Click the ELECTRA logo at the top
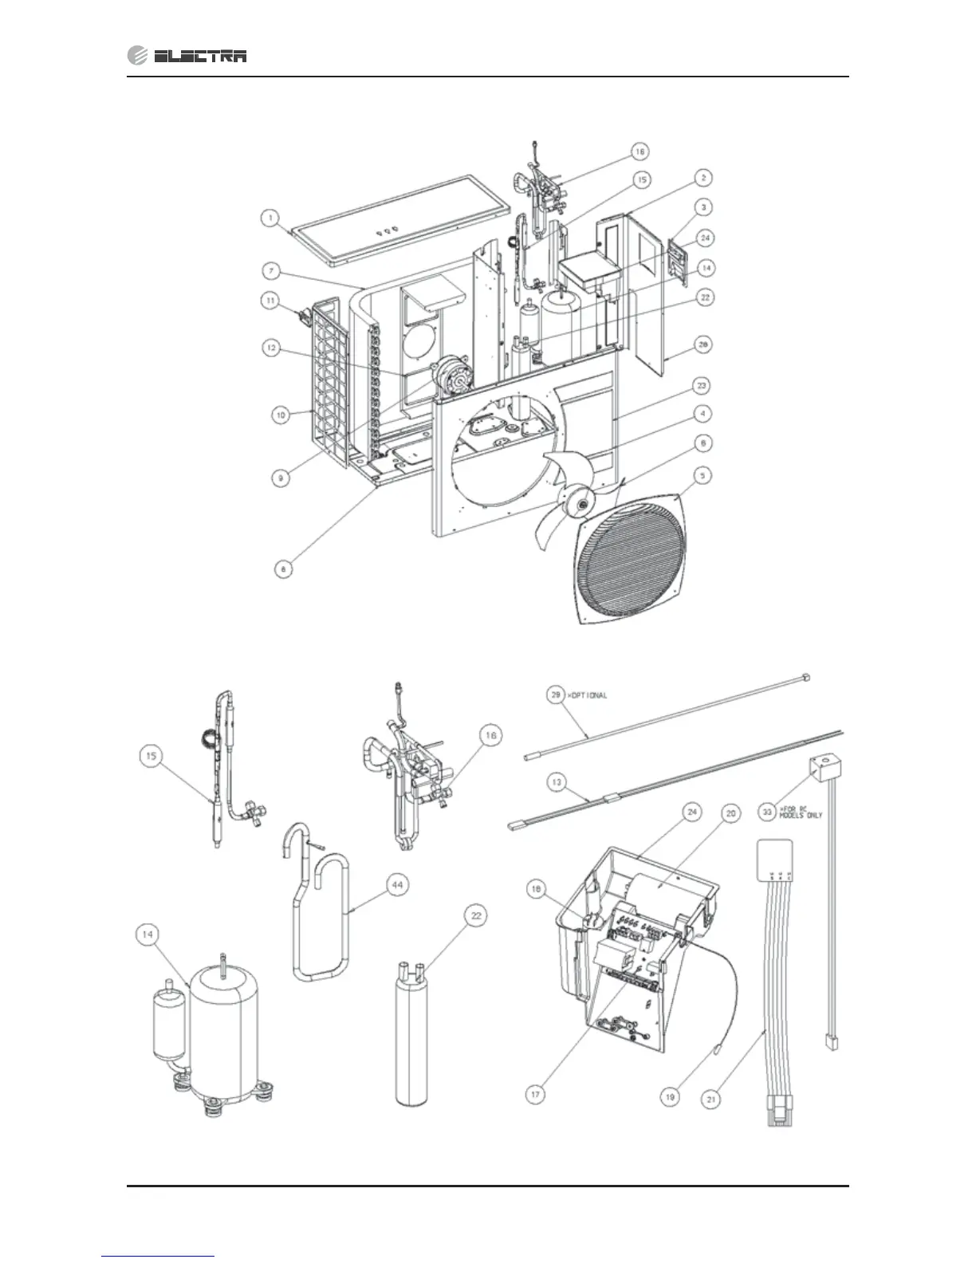point(187,55)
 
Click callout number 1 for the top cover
point(271,217)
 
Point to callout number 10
point(281,415)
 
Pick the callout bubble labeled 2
point(702,177)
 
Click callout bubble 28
point(702,345)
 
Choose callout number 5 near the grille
point(702,475)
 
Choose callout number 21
point(712,1099)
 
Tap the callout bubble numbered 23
point(702,385)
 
